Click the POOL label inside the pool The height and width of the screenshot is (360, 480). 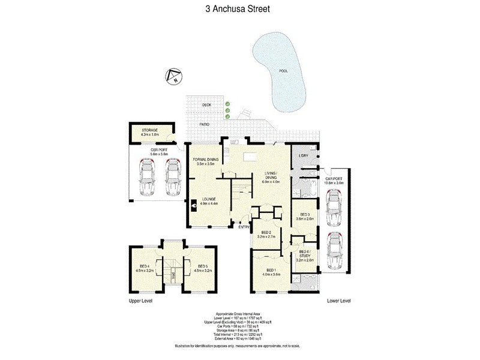[x=283, y=71]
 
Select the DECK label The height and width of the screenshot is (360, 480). [x=206, y=105]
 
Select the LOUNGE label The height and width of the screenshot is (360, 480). [x=209, y=199]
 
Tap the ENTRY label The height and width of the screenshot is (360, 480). [x=244, y=226]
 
